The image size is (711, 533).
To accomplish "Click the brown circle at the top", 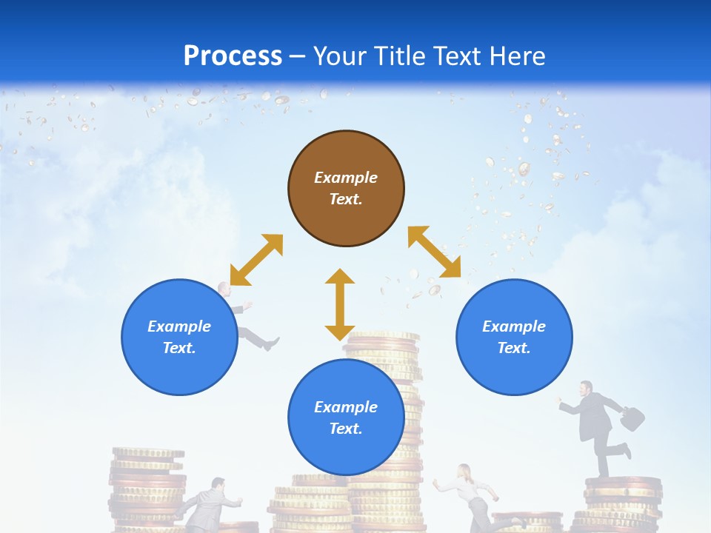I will [x=346, y=189].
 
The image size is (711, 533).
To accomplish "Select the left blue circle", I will [x=179, y=337].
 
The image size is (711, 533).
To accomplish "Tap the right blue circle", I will [x=514, y=337].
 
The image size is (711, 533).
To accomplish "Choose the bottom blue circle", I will [x=346, y=417].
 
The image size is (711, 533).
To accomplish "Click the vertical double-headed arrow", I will [x=340, y=304].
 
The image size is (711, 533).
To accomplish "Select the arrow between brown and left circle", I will [x=256, y=260].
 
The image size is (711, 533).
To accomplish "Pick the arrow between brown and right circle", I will [x=435, y=252].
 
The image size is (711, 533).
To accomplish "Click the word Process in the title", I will [x=233, y=56].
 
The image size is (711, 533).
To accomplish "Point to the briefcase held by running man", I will [x=631, y=418].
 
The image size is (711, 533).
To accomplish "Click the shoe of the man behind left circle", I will [x=271, y=344].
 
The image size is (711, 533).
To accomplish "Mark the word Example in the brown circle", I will [x=346, y=178].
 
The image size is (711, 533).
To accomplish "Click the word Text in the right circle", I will [x=514, y=348].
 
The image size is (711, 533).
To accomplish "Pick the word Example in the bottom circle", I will [x=346, y=406].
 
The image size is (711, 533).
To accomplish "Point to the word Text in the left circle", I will [x=179, y=348].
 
